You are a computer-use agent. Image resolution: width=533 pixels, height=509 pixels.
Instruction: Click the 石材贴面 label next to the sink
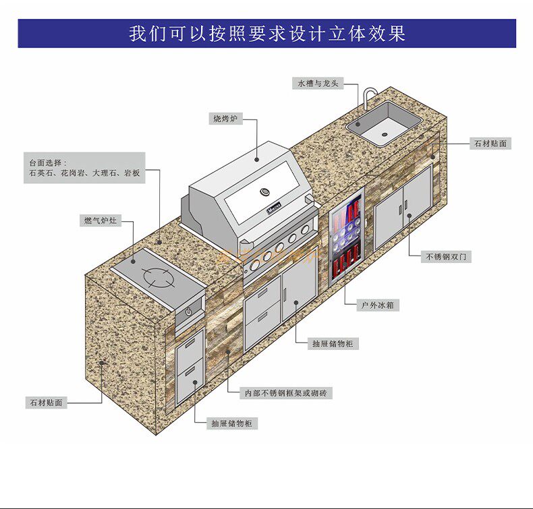click(490, 144)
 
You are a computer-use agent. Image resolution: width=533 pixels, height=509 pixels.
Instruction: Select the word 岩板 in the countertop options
click(132, 173)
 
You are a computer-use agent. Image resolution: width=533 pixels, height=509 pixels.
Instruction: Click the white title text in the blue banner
click(267, 33)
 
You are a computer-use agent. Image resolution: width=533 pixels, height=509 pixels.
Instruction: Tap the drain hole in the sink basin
click(385, 133)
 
